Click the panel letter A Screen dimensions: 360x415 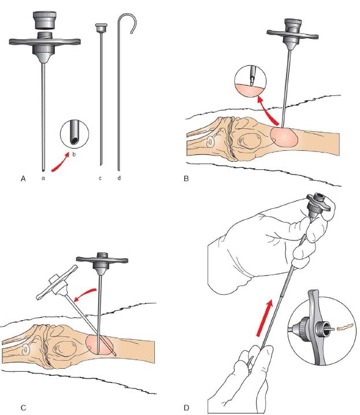point(24,179)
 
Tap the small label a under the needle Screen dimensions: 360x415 point(44,179)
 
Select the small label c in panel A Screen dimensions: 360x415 point(100,179)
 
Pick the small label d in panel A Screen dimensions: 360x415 point(120,179)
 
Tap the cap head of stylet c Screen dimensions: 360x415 point(101,28)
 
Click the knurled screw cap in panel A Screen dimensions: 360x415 point(44,20)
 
